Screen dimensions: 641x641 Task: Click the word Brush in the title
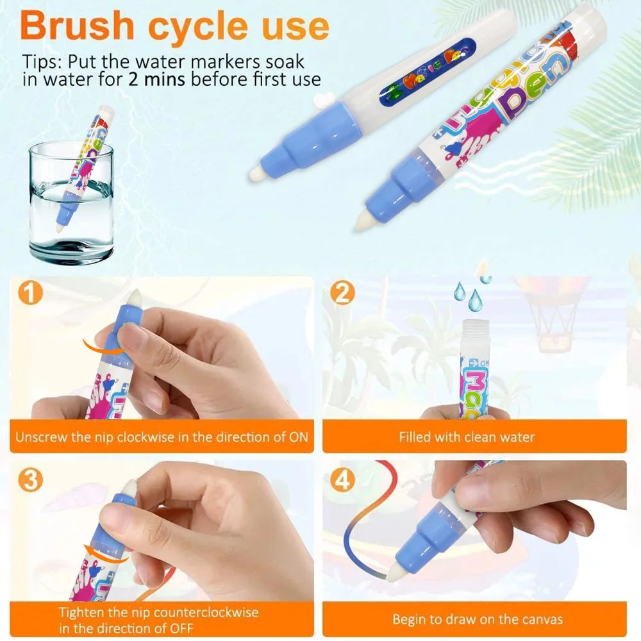pyautogui.click(x=78, y=26)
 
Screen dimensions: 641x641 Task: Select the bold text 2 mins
pyautogui.click(x=156, y=79)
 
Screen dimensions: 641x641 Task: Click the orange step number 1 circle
pyautogui.click(x=30, y=293)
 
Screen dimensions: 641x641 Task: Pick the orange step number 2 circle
pyautogui.click(x=342, y=293)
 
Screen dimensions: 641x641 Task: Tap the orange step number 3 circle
pyautogui.click(x=30, y=480)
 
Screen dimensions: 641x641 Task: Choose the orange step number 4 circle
pyautogui.click(x=342, y=480)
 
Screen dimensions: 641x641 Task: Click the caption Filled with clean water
pyautogui.click(x=467, y=437)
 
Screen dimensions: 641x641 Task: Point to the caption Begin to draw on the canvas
pyautogui.click(x=478, y=619)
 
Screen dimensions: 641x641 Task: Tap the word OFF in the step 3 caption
pyautogui.click(x=181, y=628)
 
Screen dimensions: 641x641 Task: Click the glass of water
pyautogui.click(x=71, y=203)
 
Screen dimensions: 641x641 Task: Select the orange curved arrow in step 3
pyautogui.click(x=106, y=554)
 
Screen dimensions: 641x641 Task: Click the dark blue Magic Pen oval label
pyautogui.click(x=428, y=72)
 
